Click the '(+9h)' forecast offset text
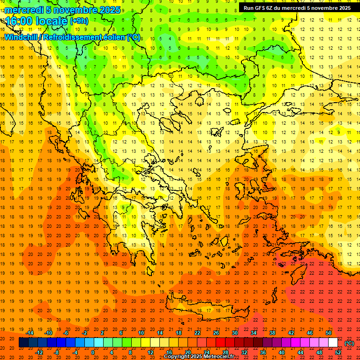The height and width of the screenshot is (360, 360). click(78, 21)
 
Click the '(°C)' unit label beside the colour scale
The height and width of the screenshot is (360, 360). click(349, 343)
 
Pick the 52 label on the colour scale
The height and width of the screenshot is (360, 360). click(338, 352)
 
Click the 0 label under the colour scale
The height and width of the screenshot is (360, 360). click(92, 352)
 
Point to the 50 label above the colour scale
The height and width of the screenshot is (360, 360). click(329, 332)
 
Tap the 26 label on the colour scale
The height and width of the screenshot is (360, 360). click(216, 332)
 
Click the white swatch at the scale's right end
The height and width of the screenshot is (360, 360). click(333, 343)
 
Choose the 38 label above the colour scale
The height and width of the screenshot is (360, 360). click(272, 332)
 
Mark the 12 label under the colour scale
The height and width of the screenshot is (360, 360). click(150, 352)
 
